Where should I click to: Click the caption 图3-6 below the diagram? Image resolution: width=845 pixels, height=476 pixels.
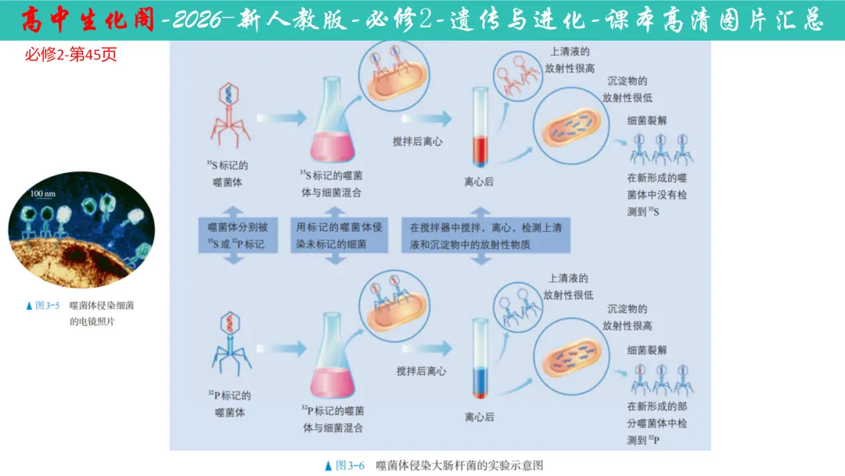[434, 465]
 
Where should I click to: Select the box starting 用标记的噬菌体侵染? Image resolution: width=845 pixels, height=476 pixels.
[339, 235]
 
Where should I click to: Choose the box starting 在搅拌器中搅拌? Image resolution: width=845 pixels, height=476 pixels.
[485, 235]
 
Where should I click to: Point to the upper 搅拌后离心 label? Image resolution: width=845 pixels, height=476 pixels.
[418, 142]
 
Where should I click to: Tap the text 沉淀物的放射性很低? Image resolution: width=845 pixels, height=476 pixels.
[627, 89]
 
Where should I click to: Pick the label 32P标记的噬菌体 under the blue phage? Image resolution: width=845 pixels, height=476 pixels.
[229, 404]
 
